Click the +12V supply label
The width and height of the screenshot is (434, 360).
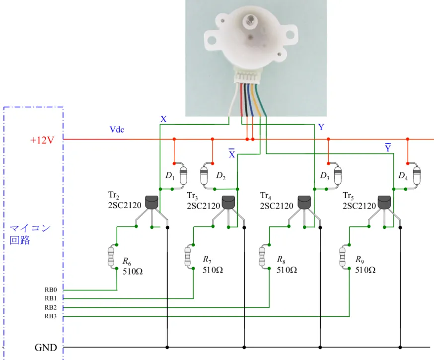(42, 140)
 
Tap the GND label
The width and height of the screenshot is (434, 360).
(46, 348)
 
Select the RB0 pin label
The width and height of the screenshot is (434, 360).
(51, 289)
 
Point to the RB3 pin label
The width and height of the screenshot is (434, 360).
(51, 316)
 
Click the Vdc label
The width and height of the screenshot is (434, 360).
(117, 129)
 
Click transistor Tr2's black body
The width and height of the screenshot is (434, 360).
(152, 202)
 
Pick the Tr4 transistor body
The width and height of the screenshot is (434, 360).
(304, 202)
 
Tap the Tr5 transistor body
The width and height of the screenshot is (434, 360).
(384, 202)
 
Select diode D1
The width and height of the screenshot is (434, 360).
(183, 176)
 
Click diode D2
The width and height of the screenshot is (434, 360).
(204, 176)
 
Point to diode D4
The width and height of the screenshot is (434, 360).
(417, 176)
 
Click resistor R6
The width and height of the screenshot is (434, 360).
(111, 257)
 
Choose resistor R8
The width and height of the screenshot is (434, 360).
(262, 257)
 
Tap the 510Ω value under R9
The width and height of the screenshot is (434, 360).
(365, 270)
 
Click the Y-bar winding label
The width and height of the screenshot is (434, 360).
(388, 148)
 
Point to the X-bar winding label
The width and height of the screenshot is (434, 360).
(232, 153)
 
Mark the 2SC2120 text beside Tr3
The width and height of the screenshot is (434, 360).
(204, 206)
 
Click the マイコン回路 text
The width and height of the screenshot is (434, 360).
(30, 234)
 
